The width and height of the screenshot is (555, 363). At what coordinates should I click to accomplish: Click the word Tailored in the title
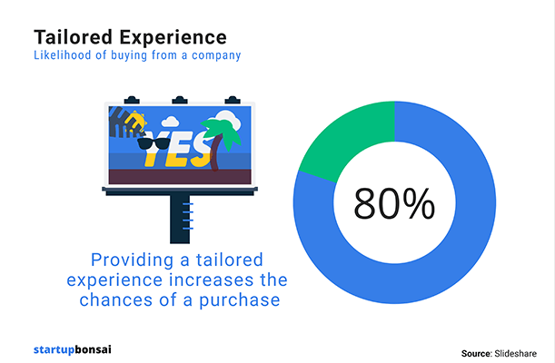coord(74,37)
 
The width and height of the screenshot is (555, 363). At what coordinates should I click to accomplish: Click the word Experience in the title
coord(173,38)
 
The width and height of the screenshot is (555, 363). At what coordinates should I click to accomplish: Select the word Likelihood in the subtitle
coord(63,55)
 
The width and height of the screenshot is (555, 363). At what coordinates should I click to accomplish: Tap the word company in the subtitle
coord(216,56)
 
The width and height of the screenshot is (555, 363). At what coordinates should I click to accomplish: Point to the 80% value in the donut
coord(394,203)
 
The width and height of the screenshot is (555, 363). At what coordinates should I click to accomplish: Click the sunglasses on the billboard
coord(154,143)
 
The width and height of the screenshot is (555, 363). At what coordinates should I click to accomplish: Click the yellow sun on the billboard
coord(136,122)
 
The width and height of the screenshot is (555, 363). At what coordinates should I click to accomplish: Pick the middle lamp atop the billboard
coord(180,100)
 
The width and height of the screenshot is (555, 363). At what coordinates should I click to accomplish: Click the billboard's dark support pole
coord(180,219)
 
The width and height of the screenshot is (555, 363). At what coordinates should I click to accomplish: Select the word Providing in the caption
coord(133,260)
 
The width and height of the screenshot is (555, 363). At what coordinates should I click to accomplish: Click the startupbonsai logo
coord(73,350)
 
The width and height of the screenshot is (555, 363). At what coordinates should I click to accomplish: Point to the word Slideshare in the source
coord(515,353)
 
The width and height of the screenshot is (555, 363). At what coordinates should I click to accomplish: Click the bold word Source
coord(477,353)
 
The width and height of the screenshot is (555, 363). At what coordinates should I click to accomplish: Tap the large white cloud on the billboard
coord(228,119)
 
